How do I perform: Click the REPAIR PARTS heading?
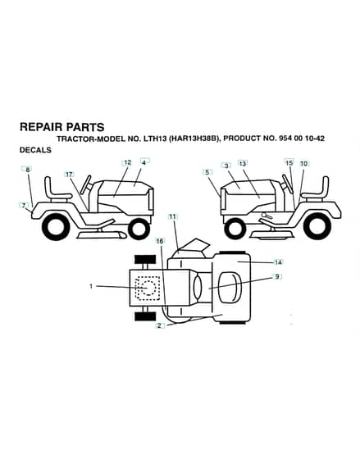pos(62,127)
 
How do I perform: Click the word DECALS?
pos(35,150)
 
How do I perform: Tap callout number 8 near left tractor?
pos(28,170)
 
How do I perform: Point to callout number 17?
pos(69,175)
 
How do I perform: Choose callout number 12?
pos(128,163)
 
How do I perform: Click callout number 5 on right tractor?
pos(207,172)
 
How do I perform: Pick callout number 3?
pos(226,166)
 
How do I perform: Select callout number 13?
pos(243,163)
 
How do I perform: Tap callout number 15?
pos(289,162)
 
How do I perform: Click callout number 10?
pos(304,163)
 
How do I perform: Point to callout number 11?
pos(173,216)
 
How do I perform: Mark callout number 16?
pos(160,241)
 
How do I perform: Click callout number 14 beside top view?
pos(278,262)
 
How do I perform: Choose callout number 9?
pos(277,277)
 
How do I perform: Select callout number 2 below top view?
pos(159,325)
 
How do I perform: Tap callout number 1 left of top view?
pos(91,286)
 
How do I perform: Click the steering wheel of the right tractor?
pos(287,184)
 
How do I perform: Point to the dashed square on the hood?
pos(148,289)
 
